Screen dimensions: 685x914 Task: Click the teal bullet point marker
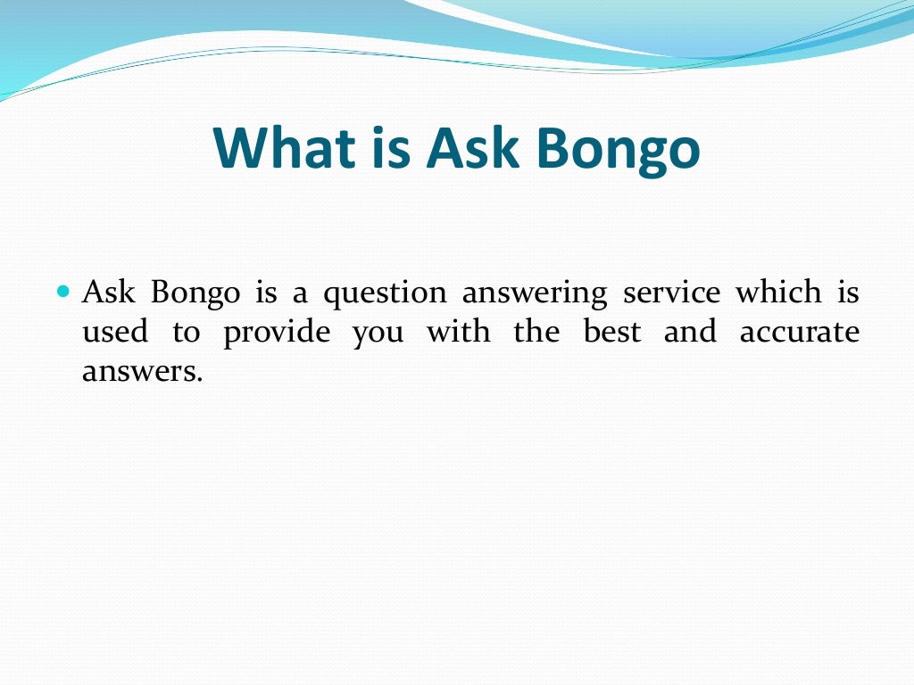click(62, 292)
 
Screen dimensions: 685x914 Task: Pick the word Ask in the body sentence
click(108, 292)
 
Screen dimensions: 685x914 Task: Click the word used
click(114, 332)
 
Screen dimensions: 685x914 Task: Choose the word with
click(458, 332)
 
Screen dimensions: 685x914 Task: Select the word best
click(611, 332)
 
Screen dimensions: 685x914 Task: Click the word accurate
click(800, 333)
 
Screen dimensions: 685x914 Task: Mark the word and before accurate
click(690, 332)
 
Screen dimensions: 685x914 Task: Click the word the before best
click(536, 332)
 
